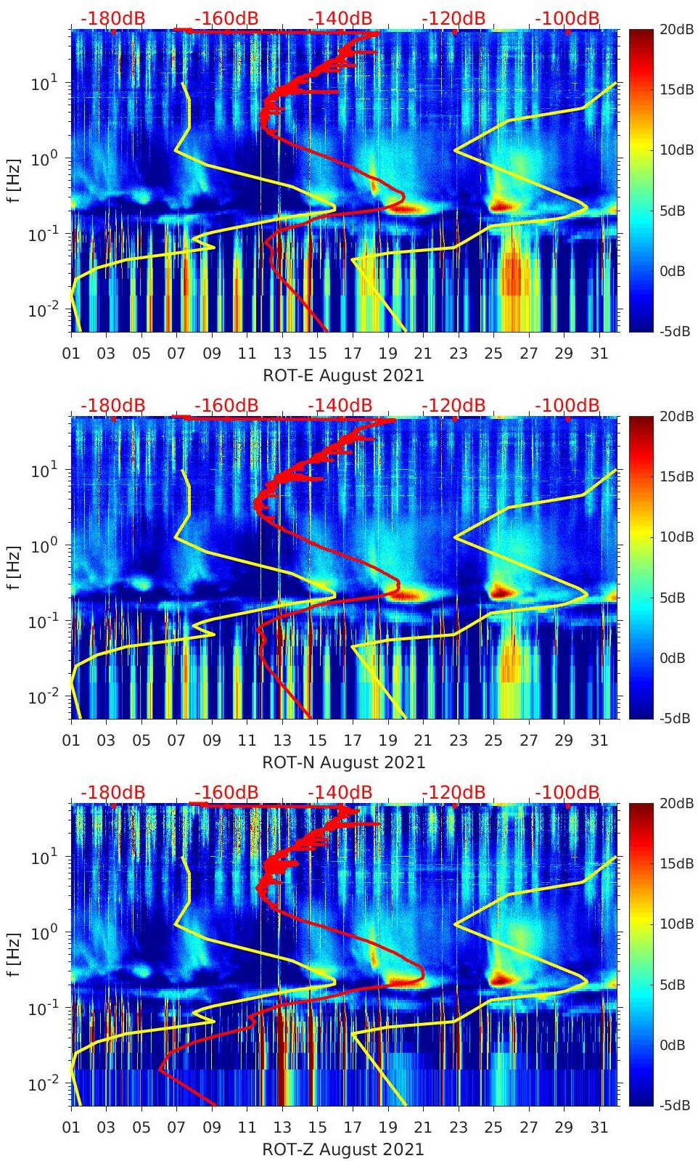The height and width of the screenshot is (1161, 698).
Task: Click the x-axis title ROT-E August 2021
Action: point(342,375)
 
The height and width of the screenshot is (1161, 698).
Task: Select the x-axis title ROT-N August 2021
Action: point(343,762)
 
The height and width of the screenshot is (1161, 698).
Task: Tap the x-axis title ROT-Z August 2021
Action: point(342,1149)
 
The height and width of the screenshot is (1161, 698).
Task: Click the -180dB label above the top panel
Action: point(112,18)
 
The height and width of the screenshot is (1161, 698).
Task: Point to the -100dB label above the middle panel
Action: point(567,405)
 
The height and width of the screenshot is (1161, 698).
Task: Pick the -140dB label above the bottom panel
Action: point(340,792)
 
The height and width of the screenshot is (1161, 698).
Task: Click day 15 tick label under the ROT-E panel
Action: point(317,354)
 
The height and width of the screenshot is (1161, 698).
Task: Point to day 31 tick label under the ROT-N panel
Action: point(599,741)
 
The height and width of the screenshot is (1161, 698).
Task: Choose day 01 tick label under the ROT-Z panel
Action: point(71,1128)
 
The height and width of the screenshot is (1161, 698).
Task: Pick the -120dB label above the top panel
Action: point(453,18)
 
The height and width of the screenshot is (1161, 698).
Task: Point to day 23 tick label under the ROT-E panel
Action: point(458,354)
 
